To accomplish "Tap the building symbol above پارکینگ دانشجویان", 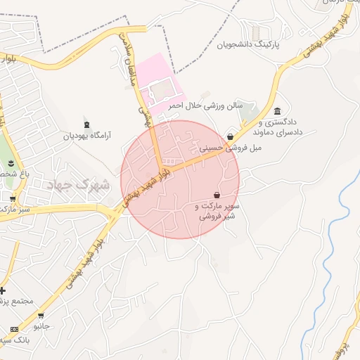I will coord(255,33).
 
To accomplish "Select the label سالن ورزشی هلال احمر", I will coord(204,105).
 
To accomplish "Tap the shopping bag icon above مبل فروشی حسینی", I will coord(230,137).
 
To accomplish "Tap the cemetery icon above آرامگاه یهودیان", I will coord(86,124).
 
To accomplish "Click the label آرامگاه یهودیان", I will coord(87,136).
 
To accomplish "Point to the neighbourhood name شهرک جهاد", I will coord(79,185).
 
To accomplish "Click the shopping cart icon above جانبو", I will coord(41,315).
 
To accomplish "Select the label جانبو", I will coord(42,326).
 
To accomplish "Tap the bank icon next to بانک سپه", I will coord(14,329).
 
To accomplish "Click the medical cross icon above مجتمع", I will coord(3,290).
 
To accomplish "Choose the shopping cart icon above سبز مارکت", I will coord(12,198).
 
